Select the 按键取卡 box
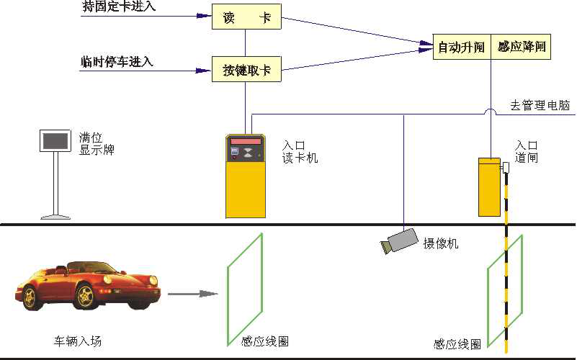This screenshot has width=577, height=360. coord(246,70)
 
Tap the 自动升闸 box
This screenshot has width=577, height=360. coord(462,47)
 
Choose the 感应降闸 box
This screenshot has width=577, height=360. coord(521,47)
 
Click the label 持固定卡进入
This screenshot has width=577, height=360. coord(118,7)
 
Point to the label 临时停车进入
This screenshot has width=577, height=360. coord(117,61)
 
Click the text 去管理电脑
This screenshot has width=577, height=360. coord(540,106)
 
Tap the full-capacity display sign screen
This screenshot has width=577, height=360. coord(55,141)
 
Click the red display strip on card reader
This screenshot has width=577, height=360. coord(245,140)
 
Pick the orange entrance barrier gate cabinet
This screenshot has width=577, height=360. coord(490,187)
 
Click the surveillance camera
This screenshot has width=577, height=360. coord(400,240)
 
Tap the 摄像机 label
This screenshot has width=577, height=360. coord(440,243)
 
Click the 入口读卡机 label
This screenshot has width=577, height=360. coord(300,152)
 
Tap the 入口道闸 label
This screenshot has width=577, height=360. coord(527,152)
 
